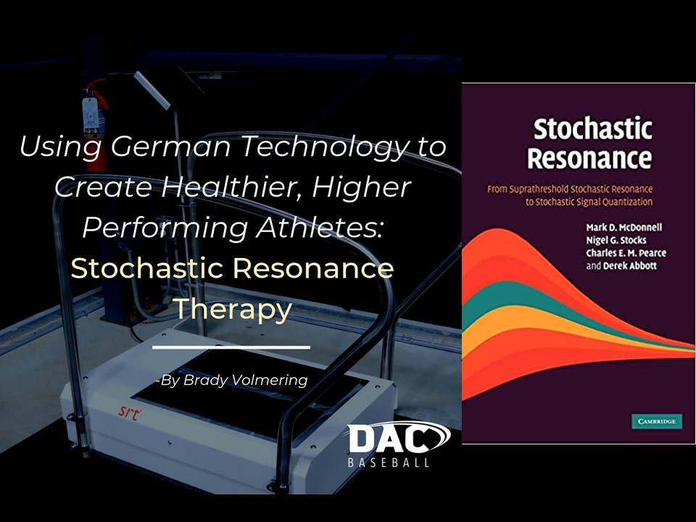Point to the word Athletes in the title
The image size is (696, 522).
point(319,227)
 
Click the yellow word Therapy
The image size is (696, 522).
point(233,310)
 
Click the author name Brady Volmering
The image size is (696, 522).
point(246,381)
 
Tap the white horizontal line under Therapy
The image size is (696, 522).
point(231,347)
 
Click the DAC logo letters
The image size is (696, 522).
point(389,439)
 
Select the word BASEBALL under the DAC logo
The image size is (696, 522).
point(389,463)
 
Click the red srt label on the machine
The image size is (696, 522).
point(130,413)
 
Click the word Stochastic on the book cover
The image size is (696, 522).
point(592,129)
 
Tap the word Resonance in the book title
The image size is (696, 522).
point(589,158)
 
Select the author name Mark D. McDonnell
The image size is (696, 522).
point(623,227)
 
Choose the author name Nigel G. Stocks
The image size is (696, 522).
point(616,240)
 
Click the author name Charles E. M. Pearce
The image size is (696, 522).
point(626,253)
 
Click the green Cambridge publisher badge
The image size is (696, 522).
point(657,421)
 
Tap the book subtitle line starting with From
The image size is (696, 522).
point(570,189)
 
